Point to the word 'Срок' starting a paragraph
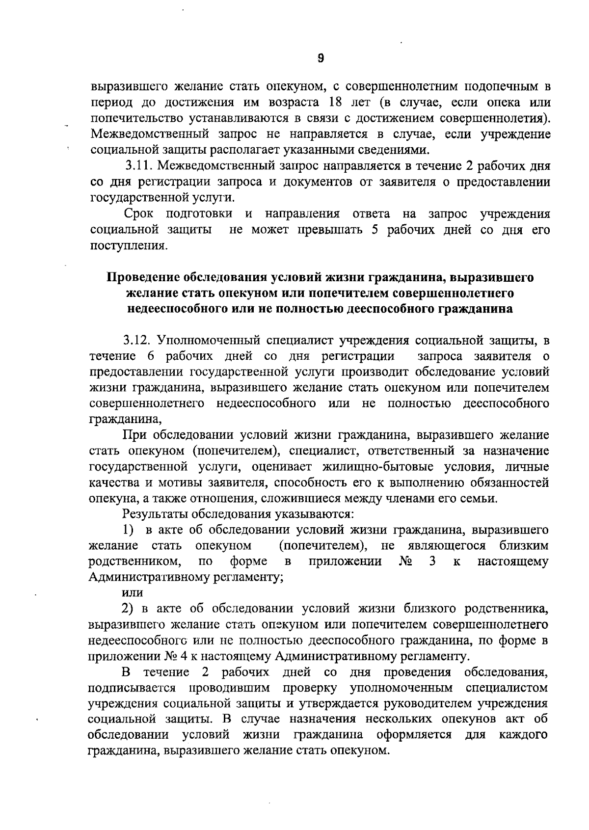click(x=138, y=214)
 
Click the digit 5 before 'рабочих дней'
click(x=375, y=230)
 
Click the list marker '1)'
click(x=128, y=530)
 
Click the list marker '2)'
click(x=128, y=609)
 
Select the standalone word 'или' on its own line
click(x=132, y=593)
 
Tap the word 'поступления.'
click(x=127, y=245)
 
